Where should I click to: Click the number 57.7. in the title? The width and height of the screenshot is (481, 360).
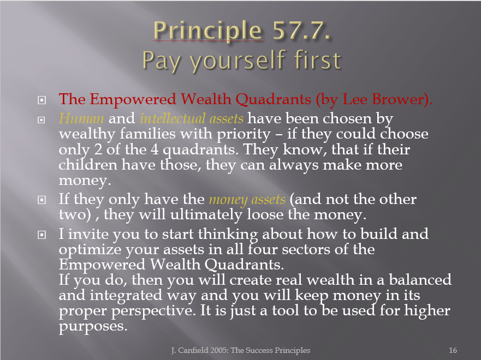[x=301, y=31]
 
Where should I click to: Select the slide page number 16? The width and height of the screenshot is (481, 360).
[x=453, y=350]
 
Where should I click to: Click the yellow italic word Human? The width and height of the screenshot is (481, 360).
[x=81, y=118]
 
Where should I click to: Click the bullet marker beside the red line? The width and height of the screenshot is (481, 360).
[x=41, y=100]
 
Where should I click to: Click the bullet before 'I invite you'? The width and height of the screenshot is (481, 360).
[x=41, y=235]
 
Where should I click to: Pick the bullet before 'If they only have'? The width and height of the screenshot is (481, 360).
[x=41, y=200]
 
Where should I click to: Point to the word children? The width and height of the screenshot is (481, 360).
[x=88, y=165]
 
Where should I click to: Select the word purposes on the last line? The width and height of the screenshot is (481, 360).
[x=93, y=327]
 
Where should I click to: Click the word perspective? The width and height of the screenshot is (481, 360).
[x=153, y=311]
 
